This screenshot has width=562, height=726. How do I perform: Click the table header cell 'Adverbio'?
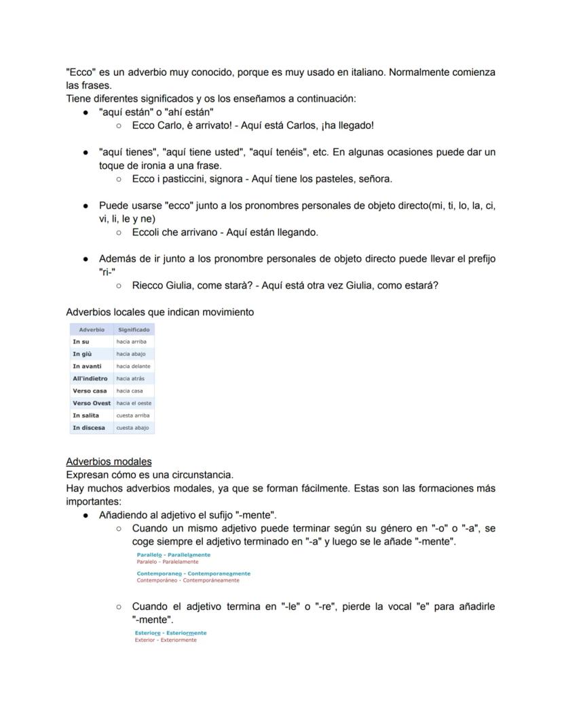click(92, 329)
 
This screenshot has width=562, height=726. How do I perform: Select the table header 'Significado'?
click(134, 329)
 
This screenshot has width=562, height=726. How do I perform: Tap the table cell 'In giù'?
click(82, 354)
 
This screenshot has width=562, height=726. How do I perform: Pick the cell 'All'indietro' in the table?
click(90, 378)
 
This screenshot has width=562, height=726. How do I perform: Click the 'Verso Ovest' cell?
click(92, 403)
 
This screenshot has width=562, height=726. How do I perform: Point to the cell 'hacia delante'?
click(133, 366)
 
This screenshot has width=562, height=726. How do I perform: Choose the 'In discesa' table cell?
click(89, 428)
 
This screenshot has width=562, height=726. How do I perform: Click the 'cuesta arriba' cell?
click(132, 415)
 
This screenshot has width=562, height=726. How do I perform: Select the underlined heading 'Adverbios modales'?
click(109, 462)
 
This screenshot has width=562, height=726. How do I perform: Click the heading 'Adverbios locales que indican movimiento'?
click(160, 312)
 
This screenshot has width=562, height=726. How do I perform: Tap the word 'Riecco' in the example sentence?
click(147, 285)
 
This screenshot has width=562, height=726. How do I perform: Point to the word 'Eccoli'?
click(147, 233)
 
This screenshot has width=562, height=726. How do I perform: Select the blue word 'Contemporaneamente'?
click(217, 573)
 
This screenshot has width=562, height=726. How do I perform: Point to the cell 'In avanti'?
click(87, 366)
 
